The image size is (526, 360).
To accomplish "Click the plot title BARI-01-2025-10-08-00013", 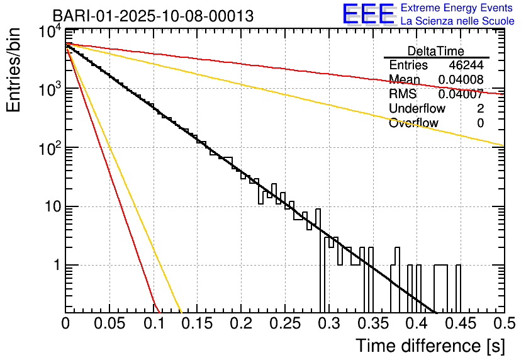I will [x=153, y=16].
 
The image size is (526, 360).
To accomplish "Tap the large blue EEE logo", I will [x=368, y=14].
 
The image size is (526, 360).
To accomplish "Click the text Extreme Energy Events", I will [x=457, y=8].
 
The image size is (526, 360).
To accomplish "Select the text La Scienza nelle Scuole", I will [x=457, y=21].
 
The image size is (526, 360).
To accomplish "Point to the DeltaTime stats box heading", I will [x=436, y=51].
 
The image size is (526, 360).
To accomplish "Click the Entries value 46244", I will [x=466, y=65].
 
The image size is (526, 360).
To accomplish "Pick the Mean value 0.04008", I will [x=461, y=80].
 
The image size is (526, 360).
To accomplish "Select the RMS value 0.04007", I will [x=461, y=94].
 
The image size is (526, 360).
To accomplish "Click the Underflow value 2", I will [x=480, y=108].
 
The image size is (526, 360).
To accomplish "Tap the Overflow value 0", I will [x=480, y=123].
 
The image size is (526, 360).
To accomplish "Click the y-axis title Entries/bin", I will [x=16, y=71].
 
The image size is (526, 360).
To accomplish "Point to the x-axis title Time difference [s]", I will [x=430, y=346].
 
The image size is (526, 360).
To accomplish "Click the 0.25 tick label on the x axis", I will [x=284, y=324].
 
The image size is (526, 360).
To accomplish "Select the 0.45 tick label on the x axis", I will [x=460, y=324].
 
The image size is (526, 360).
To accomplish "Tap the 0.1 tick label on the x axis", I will [x=153, y=324].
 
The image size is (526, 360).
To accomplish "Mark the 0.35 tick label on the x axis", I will [x=372, y=324].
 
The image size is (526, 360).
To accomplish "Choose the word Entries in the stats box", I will [x=408, y=65].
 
